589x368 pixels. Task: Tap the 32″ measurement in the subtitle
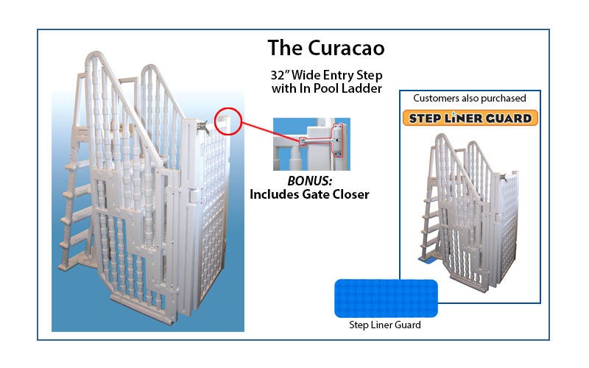pyautogui.click(x=281, y=76)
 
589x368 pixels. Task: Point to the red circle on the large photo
pyautogui.click(x=228, y=120)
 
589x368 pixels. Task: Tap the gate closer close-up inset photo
pyautogui.click(x=311, y=144)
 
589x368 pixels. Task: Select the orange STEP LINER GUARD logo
pyautogui.click(x=470, y=118)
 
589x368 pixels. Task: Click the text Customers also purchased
pyautogui.click(x=470, y=98)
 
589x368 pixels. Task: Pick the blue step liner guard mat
pyautogui.click(x=386, y=297)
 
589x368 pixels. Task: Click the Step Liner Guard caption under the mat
pyautogui.click(x=387, y=325)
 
